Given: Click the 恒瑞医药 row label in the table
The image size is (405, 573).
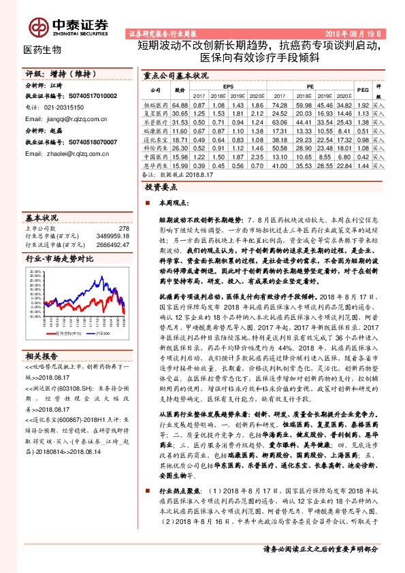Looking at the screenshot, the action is point(155,105).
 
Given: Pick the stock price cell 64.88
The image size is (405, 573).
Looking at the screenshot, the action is point(180,105).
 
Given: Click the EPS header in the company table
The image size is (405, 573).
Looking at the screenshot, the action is point(227,86).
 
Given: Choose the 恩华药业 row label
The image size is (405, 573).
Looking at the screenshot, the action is point(155,165).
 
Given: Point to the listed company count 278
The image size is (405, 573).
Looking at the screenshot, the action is point(123,229).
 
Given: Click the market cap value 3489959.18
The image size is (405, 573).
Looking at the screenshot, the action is point(112,235).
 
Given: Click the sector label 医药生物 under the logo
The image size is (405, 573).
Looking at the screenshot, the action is point(43,50).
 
